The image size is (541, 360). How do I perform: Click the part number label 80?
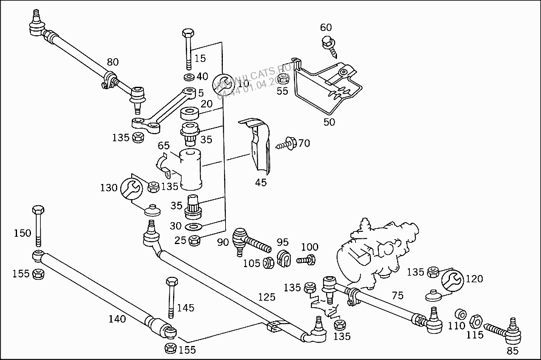coord(112,62)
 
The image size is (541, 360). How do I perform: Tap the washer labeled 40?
coord(188,77)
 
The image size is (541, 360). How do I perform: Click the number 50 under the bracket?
coord(329,122)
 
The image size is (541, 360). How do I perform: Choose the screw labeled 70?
coord(287,144)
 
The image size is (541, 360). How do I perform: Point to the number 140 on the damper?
coord(117,318)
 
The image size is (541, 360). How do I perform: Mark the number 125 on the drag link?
coord(266,297)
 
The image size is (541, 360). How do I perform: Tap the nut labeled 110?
coord(460,314)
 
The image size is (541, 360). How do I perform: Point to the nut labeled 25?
coord(194,239)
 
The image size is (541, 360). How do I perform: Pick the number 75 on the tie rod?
coord(398,295)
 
